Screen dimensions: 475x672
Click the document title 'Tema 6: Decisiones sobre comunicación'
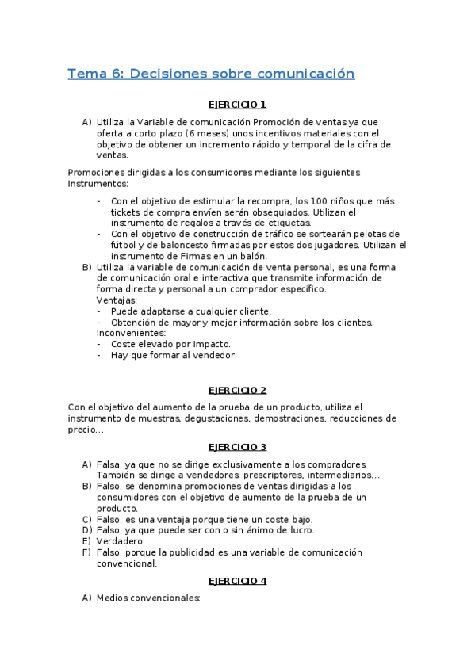211,74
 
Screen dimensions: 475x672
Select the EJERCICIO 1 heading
237,105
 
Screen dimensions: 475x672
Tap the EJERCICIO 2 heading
237,390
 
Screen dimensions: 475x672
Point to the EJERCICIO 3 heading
237,446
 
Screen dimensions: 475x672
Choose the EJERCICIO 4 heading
237,581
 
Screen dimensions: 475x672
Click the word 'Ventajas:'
117,300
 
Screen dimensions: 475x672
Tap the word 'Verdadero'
120,541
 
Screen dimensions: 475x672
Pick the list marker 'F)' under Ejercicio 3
86,552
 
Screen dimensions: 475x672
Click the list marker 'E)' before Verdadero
86,541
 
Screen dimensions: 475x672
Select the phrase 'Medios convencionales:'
148,598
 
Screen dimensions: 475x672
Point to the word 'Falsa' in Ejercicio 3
110,464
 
